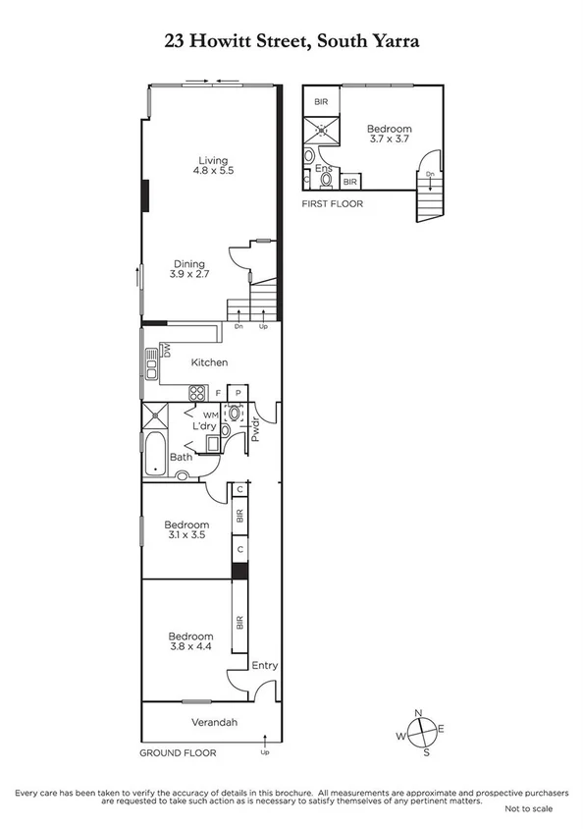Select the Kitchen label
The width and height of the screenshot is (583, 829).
(209, 362)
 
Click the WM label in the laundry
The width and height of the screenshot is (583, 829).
(211, 415)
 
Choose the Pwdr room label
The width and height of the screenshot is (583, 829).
(254, 428)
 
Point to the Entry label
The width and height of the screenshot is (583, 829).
(264, 665)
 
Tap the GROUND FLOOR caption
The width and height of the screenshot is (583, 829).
(178, 753)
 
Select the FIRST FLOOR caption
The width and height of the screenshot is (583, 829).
(332, 204)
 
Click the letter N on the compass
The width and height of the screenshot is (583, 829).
(419, 713)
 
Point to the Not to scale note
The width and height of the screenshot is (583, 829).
(529, 808)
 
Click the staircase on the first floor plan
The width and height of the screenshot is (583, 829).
(430, 200)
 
